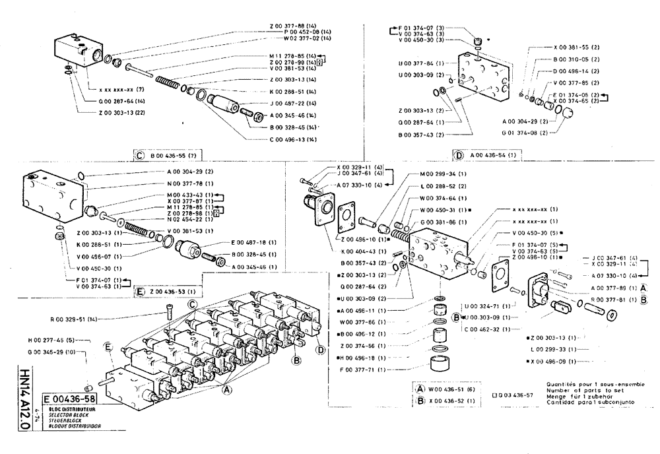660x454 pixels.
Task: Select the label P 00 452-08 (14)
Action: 302,32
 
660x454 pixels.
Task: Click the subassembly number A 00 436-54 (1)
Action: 493,156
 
